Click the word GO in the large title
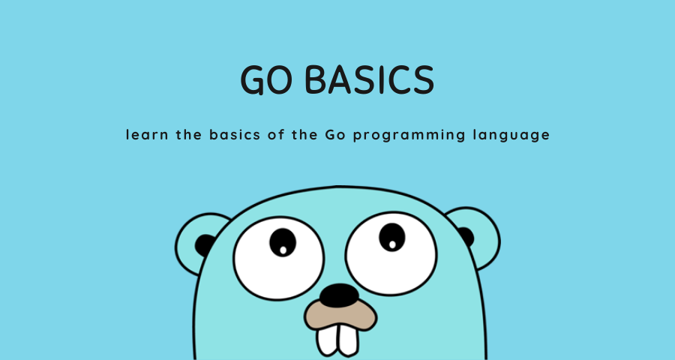click(x=262, y=79)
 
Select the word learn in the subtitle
click(x=145, y=136)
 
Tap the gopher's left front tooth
click(x=327, y=340)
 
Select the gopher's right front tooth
click(x=349, y=340)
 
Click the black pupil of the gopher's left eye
click(x=283, y=241)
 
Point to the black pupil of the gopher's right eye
click(x=391, y=236)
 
